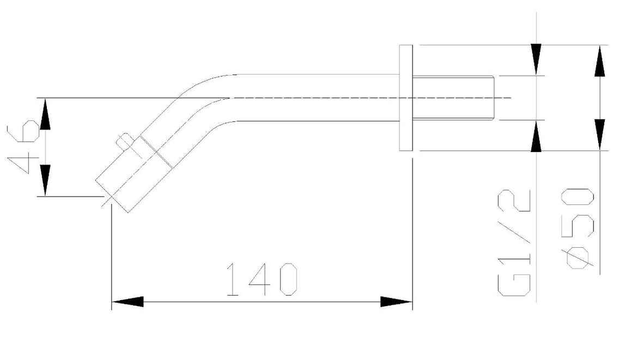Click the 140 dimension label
coord(262,279)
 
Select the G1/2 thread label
coord(514,242)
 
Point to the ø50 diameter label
coord(580,228)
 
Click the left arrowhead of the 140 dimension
coord(127,301)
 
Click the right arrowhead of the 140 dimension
coord(397,301)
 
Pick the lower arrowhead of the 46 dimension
coord(45,180)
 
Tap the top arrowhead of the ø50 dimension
coord(600,61)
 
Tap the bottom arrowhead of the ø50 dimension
coord(600,135)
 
